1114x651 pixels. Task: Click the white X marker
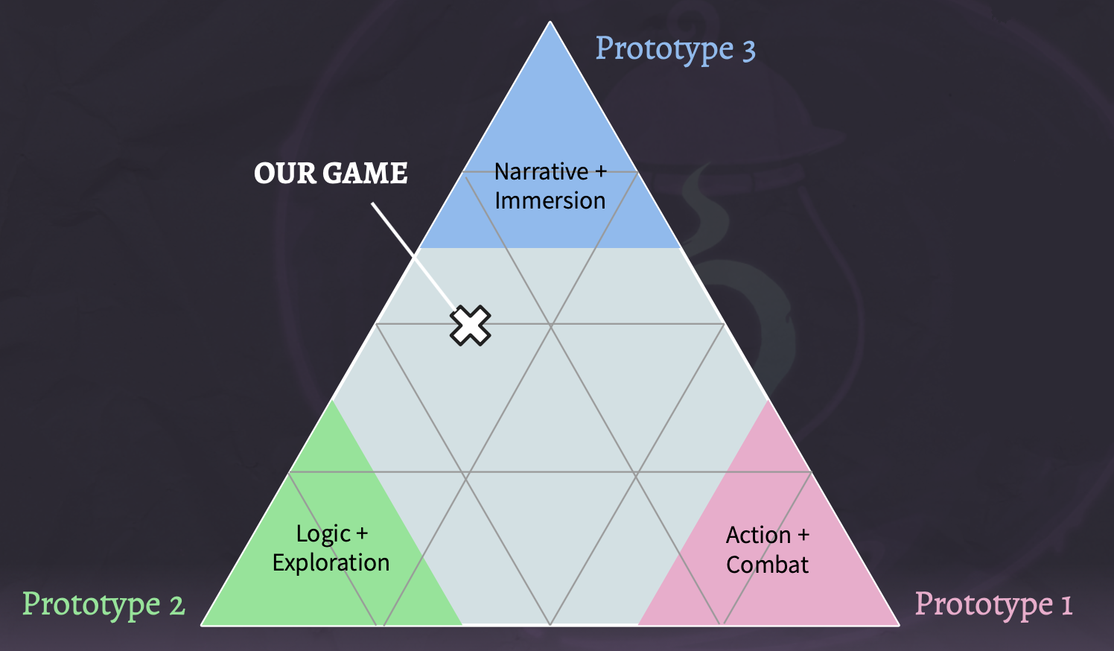[470, 325]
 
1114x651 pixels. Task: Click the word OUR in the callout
[285, 173]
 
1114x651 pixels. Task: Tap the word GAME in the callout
[365, 173]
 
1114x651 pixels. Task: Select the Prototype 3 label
[675, 50]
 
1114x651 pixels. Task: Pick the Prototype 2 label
[104, 605]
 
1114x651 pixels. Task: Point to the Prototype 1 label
[993, 605]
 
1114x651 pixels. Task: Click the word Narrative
[541, 171]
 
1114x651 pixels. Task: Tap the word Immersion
[550, 200]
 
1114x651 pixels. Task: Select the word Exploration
[331, 562]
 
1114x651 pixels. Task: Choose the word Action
[758, 536]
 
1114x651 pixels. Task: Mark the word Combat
[768, 565]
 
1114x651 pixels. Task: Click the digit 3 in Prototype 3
[749, 51]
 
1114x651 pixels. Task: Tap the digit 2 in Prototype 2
[177, 605]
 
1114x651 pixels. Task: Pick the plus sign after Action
[803, 536]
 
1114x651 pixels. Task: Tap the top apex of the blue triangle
[550, 22]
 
